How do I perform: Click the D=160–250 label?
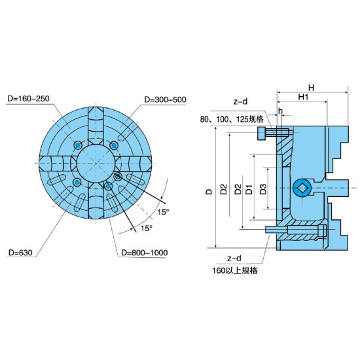click(28, 98)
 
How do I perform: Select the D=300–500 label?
click(165, 99)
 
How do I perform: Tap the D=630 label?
click(20, 253)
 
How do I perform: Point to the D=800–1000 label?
click(145, 253)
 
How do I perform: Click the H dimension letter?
click(311, 88)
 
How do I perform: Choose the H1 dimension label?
click(303, 97)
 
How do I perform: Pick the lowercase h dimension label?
click(280, 111)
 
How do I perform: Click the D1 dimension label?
click(249, 189)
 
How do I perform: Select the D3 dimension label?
click(263, 189)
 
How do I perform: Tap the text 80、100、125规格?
click(232, 119)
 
